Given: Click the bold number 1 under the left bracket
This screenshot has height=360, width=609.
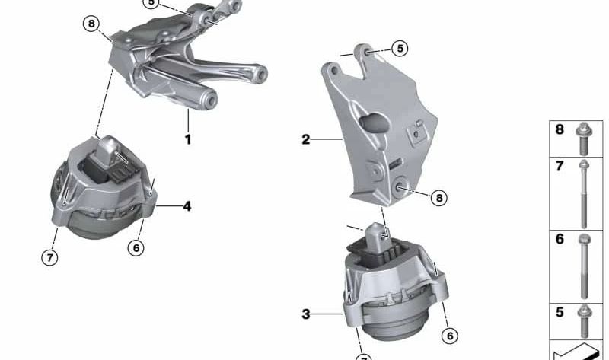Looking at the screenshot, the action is coord(188,139).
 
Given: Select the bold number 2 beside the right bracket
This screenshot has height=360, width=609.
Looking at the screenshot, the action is coord(306,139).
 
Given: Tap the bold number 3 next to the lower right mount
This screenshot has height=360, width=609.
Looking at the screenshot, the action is coord(306,314).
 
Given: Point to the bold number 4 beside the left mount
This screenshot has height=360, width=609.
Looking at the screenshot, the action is coord(187,206).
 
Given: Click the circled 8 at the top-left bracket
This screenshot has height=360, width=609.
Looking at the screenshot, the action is coord(91,24).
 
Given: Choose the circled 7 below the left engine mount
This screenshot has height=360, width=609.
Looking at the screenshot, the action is coord(50,257).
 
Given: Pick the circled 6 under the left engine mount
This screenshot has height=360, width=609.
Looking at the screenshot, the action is coord(136,247).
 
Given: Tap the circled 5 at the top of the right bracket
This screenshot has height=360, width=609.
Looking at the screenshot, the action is coord(400,49).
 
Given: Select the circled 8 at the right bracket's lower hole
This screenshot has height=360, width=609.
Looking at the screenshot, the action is coord(439,198).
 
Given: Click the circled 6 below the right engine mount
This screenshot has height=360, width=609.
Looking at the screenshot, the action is coord(450,336).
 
